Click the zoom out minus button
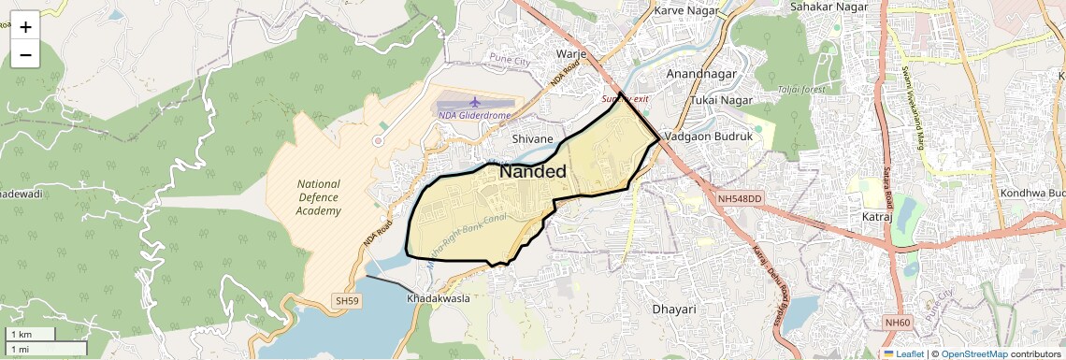pyautogui.click(x=25, y=54)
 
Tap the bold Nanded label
pyautogui.click(x=532, y=172)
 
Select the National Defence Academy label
pyautogui.click(x=319, y=197)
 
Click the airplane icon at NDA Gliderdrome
pyautogui.click(x=474, y=100)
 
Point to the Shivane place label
pyautogui.click(x=534, y=138)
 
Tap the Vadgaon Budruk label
pyautogui.click(x=709, y=137)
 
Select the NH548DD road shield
pyautogui.click(x=741, y=199)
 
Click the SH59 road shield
pyautogui.click(x=346, y=301)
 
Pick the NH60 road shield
pyautogui.click(x=897, y=323)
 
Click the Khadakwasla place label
pyautogui.click(x=438, y=298)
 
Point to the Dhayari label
pyautogui.click(x=674, y=308)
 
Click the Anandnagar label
pyautogui.click(x=701, y=73)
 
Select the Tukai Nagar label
pyautogui.click(x=722, y=99)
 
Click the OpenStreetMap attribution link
pyautogui.click(x=974, y=353)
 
